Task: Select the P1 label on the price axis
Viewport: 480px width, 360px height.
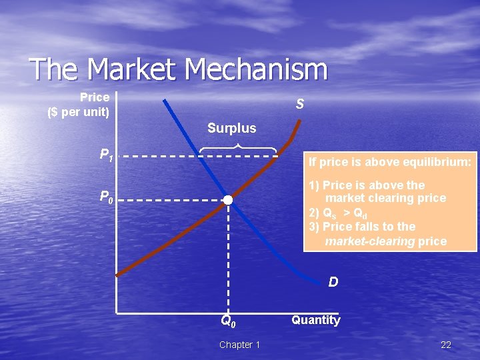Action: pos(106,156)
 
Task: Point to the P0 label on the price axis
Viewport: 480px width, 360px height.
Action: pos(106,197)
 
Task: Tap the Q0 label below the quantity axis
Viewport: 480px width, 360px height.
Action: pos(228,321)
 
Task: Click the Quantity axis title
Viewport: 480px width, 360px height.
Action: pos(316,320)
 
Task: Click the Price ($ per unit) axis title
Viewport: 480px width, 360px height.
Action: pos(79,105)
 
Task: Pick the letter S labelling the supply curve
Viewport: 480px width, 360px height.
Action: pos(301,104)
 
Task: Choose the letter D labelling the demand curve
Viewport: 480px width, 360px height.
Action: pos(333,282)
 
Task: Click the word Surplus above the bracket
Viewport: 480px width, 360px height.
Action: pos(231,127)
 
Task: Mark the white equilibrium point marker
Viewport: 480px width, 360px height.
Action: pos(228,200)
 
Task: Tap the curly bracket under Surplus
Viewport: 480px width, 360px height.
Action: pos(238,147)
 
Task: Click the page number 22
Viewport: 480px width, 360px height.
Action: pos(446,345)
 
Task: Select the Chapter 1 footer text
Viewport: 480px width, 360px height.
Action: pos(239,345)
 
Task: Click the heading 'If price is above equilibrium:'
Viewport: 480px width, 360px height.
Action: pos(390,161)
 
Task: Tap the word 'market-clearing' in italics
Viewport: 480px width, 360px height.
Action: pos(369,241)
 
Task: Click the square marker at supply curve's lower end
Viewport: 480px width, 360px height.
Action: pos(117,273)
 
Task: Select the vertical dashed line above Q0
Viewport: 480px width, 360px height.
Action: pos(228,260)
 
